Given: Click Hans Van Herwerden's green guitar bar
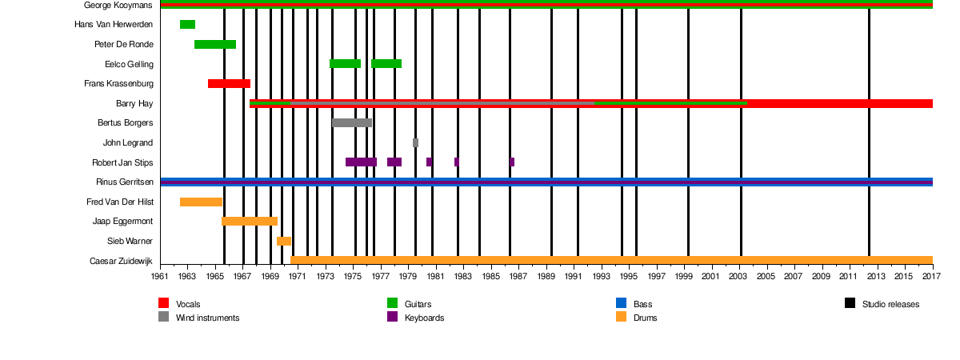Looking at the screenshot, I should (187, 25).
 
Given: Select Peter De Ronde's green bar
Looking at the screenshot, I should (215, 44).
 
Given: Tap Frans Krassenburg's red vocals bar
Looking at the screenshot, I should (229, 83).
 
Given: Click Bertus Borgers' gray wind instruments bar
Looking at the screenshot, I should (351, 122).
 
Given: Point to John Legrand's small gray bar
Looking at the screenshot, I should (415, 142).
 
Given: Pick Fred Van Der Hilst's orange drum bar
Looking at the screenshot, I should (201, 202).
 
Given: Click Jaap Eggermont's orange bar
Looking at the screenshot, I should (250, 221).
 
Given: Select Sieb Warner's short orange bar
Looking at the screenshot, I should (284, 241).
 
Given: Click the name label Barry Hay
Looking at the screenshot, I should (134, 103).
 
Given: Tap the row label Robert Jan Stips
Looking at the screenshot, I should (122, 162).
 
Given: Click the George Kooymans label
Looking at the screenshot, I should (118, 5).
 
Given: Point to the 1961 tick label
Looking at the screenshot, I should (160, 276).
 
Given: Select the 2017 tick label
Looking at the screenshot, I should (932, 276).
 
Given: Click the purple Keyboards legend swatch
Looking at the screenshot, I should (393, 317).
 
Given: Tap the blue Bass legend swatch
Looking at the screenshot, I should (622, 303).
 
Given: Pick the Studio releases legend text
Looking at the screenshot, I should (890, 304).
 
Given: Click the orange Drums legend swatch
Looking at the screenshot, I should (622, 317).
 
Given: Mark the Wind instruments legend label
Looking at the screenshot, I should (207, 318).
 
